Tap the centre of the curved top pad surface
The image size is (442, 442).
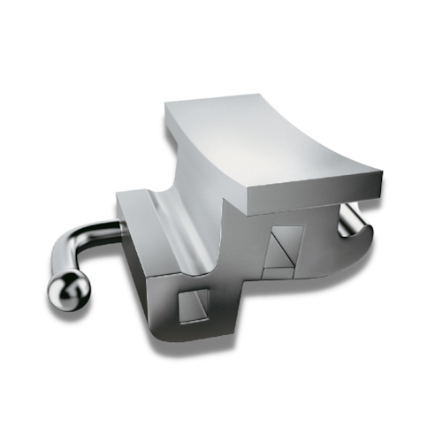click(265, 141)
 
